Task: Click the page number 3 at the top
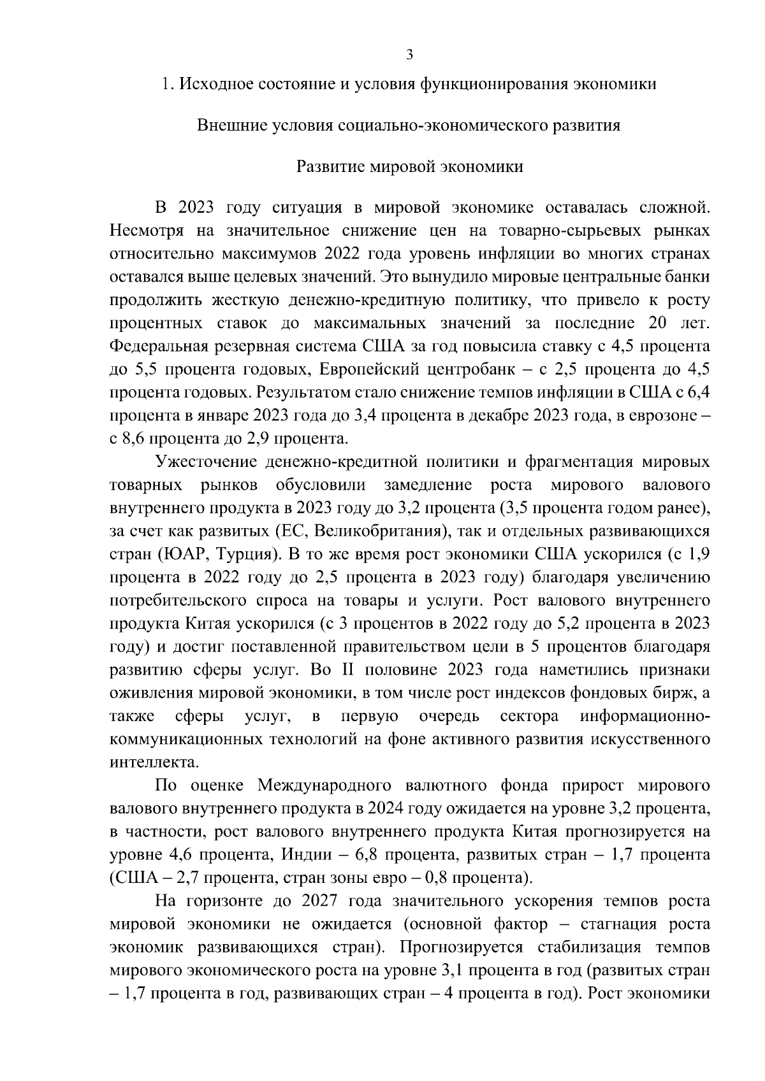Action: pyautogui.click(x=410, y=55)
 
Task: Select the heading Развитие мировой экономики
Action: pyautogui.click(x=410, y=167)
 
